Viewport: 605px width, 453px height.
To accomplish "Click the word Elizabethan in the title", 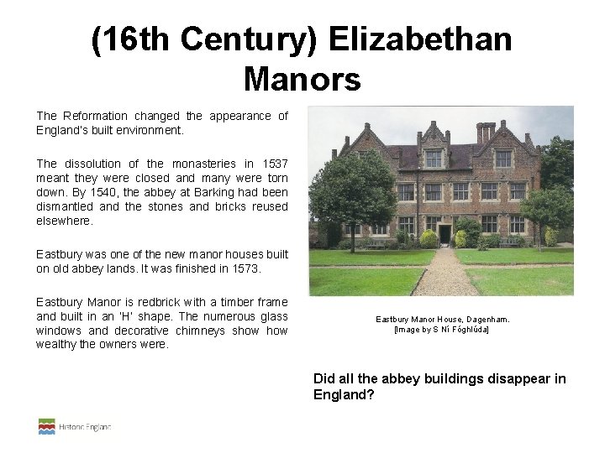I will [x=420, y=40].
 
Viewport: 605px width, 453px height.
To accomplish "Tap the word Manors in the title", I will [x=302, y=80].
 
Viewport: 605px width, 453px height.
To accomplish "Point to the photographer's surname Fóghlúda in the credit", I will [x=466, y=330].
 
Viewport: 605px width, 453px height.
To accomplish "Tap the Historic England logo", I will [x=75, y=427].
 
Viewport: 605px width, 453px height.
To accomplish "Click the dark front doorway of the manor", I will [x=444, y=233].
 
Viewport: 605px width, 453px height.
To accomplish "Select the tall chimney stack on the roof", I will [x=486, y=132].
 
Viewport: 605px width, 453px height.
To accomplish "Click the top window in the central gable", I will [x=434, y=159].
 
